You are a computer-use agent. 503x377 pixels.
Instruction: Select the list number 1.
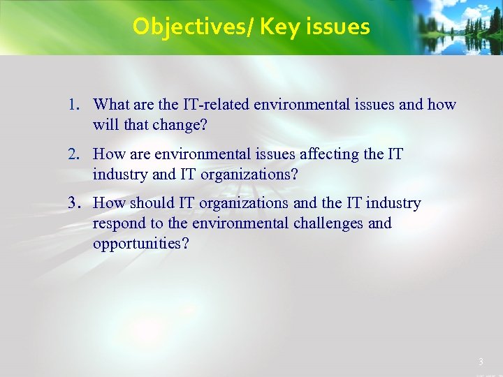pos(73,105)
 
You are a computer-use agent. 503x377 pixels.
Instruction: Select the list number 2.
pos(73,154)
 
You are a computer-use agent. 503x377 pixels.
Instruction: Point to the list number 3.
pos(73,203)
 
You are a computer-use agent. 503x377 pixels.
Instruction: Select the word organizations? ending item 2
pos(249,174)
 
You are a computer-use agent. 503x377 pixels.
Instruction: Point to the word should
pos(151,203)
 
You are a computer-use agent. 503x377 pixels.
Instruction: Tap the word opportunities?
pos(140,244)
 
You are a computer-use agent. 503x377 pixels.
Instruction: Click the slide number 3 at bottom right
pos(480,362)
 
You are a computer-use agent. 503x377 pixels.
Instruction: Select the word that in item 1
pos(133,125)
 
